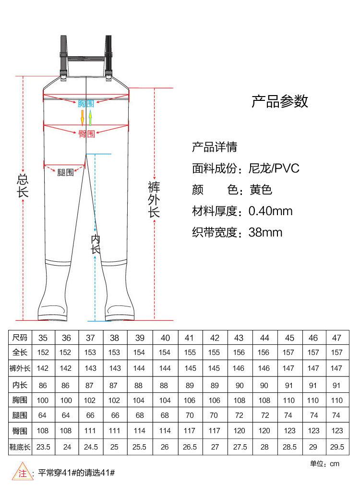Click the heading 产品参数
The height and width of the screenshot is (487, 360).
tap(280, 101)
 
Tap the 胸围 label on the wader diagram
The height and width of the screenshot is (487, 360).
tap(86, 103)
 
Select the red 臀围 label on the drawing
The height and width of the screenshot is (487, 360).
tap(87, 134)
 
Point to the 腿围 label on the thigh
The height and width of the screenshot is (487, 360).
tap(65, 172)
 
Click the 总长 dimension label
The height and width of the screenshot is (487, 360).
tap(23, 185)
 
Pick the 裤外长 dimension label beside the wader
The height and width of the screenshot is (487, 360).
tap(154, 200)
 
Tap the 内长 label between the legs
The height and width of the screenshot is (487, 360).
tap(96, 244)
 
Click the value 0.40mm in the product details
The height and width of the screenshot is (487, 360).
tap(270, 211)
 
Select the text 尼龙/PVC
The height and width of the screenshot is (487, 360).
tap(274, 169)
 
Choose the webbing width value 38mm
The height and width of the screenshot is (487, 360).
tap(265, 232)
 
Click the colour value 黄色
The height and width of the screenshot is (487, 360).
tap(261, 190)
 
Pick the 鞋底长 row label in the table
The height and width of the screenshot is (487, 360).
tap(20, 447)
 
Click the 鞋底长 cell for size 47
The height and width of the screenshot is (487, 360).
tap(337, 447)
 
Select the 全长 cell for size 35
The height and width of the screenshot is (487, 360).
tap(43, 353)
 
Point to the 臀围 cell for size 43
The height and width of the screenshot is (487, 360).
tap(240, 431)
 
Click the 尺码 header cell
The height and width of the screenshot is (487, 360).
tap(20, 338)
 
